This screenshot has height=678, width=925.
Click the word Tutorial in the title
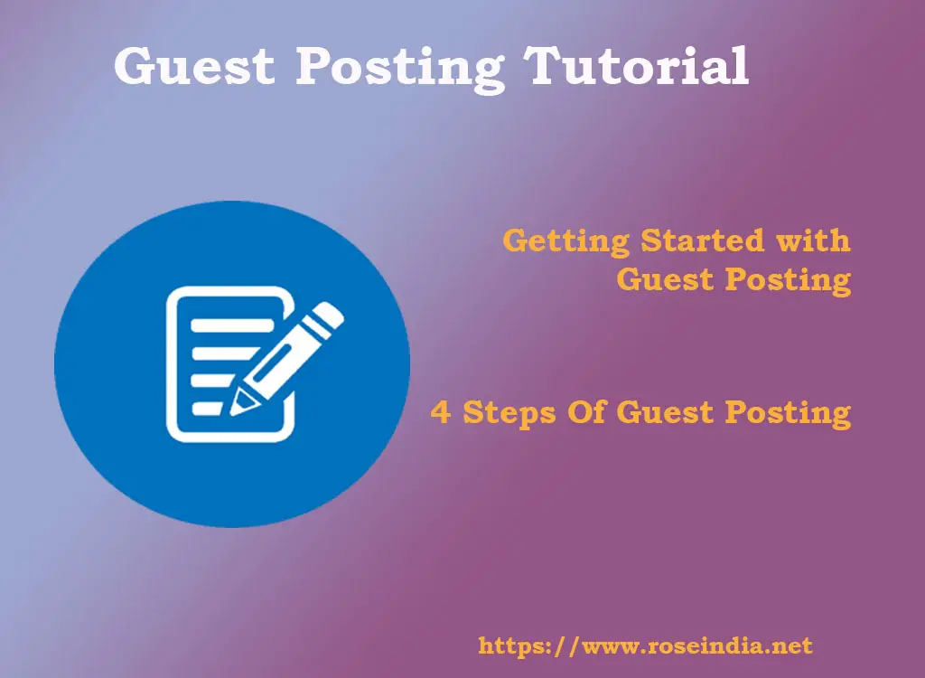pyautogui.click(x=637, y=65)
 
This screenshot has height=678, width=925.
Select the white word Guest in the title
pyautogui.click(x=194, y=65)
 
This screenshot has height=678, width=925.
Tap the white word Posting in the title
pyautogui.click(x=399, y=69)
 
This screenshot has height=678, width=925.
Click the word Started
pyautogui.click(x=702, y=241)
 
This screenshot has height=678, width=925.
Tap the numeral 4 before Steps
pyautogui.click(x=440, y=411)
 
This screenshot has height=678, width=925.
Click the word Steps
pyautogui.click(x=509, y=413)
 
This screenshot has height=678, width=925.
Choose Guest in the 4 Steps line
pyautogui.click(x=665, y=411)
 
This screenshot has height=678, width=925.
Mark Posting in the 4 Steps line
pyautogui.click(x=788, y=413)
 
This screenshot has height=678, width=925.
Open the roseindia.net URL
pyautogui.click(x=645, y=645)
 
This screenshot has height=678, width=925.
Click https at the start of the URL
pyautogui.click(x=508, y=646)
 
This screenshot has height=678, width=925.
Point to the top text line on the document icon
pyautogui.click(x=232, y=325)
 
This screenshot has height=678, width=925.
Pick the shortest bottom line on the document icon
pyautogui.click(x=207, y=408)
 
